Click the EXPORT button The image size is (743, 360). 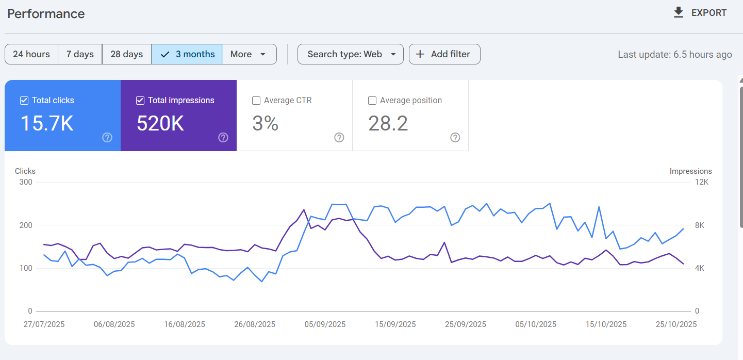(700, 13)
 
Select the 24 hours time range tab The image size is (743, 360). (31, 54)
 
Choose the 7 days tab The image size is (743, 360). (80, 54)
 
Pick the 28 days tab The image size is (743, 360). (126, 54)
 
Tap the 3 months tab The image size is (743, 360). (187, 54)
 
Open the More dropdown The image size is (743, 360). (249, 54)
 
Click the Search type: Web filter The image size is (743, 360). (351, 54)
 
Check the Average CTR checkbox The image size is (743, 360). (256, 101)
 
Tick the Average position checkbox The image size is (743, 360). (372, 101)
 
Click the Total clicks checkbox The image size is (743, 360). (24, 101)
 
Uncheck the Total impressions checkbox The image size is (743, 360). (140, 101)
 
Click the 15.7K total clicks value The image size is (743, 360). (47, 124)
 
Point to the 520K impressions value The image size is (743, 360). (160, 124)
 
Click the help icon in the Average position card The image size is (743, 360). (455, 137)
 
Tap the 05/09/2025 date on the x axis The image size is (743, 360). (325, 324)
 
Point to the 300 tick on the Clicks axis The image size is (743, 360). (26, 182)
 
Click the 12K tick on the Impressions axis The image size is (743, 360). (702, 182)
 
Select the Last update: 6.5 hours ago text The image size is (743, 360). (675, 55)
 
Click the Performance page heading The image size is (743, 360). (46, 14)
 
